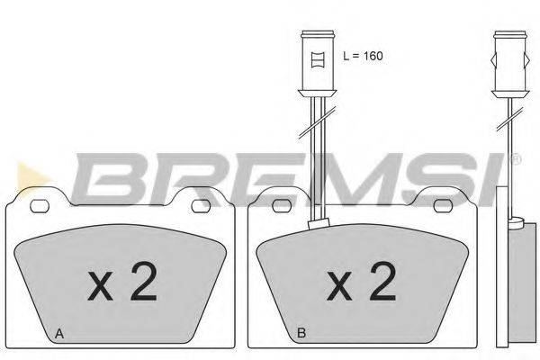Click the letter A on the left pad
click(59, 335)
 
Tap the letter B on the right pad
click(301, 335)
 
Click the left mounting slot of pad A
click(40, 206)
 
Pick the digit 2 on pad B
click(382, 283)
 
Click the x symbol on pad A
click(102, 288)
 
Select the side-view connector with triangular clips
click(506, 63)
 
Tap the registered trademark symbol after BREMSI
click(516, 160)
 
